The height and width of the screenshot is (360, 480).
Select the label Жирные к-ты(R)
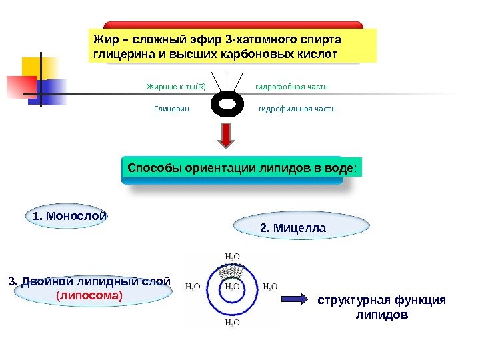(176, 87)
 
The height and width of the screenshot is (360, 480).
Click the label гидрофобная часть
(291, 87)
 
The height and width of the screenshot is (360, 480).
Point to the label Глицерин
(172, 109)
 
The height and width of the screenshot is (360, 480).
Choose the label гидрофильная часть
(297, 109)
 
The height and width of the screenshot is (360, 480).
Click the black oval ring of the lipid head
(227, 105)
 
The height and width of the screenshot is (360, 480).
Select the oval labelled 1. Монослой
(69, 216)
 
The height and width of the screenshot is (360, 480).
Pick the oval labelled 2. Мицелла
(293, 229)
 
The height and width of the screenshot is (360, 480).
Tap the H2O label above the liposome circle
(233, 256)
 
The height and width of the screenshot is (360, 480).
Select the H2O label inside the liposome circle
(232, 287)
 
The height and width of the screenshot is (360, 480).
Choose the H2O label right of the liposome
(270, 287)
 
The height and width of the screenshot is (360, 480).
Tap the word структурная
(350, 300)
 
